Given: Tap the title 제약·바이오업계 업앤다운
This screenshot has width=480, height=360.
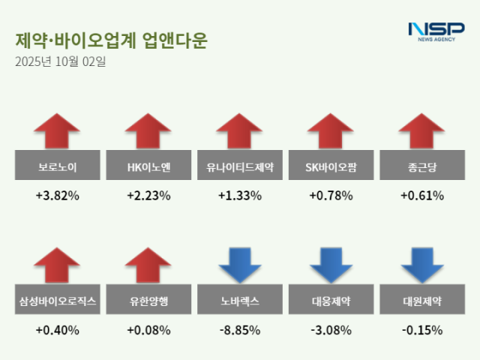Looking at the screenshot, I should (x=110, y=40).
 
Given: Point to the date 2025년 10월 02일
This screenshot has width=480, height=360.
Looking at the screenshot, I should (x=60, y=61).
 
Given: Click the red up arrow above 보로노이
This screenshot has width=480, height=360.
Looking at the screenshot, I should (x=58, y=130).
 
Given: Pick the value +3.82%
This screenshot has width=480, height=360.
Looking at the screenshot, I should (x=58, y=196).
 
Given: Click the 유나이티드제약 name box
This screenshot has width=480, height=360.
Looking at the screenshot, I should (x=240, y=166).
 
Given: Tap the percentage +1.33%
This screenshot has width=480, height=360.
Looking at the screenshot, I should (x=240, y=196).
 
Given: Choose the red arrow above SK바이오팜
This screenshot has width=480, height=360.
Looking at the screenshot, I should (x=331, y=130).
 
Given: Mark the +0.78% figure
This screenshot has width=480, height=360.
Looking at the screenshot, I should (x=331, y=196).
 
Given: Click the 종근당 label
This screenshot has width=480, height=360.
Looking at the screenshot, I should (x=421, y=166).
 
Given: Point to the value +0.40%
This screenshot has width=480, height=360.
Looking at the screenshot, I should (x=58, y=329).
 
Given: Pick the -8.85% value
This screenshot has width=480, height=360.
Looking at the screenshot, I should (x=240, y=329).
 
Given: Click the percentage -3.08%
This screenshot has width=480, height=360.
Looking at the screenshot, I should (x=331, y=329).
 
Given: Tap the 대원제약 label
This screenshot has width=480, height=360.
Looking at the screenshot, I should (x=421, y=301).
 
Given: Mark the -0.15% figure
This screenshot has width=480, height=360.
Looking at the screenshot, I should (x=421, y=329).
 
